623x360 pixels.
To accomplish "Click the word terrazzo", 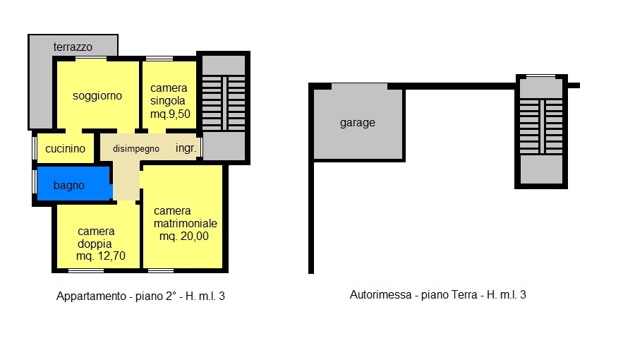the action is click(73, 47).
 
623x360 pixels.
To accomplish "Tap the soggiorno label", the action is click(97, 96).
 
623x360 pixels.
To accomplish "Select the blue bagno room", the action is click(74, 184).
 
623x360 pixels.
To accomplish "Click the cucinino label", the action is click(65, 149).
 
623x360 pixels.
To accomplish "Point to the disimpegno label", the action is click(136, 149).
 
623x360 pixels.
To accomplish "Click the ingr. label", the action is click(186, 148).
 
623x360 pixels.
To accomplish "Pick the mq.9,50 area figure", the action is click(170, 114).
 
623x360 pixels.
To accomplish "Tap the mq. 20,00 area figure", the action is click(184, 236).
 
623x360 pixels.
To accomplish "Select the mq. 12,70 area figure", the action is click(101, 256).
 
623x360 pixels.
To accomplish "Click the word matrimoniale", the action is click(185, 223).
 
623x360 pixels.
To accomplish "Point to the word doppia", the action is click(95, 244).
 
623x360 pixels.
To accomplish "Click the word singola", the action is click(168, 101).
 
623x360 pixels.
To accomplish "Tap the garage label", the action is click(358, 123).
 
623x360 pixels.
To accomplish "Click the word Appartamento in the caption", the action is click(91, 296).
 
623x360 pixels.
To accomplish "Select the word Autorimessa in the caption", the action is click(380, 295).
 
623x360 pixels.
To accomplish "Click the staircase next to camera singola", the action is click(224, 103).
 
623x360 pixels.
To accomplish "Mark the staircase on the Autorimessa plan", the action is click(541, 126).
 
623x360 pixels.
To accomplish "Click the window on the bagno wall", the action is click(35, 182).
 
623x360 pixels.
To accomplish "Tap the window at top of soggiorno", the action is click(91, 59).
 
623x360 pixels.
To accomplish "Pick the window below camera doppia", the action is click(86, 270).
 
